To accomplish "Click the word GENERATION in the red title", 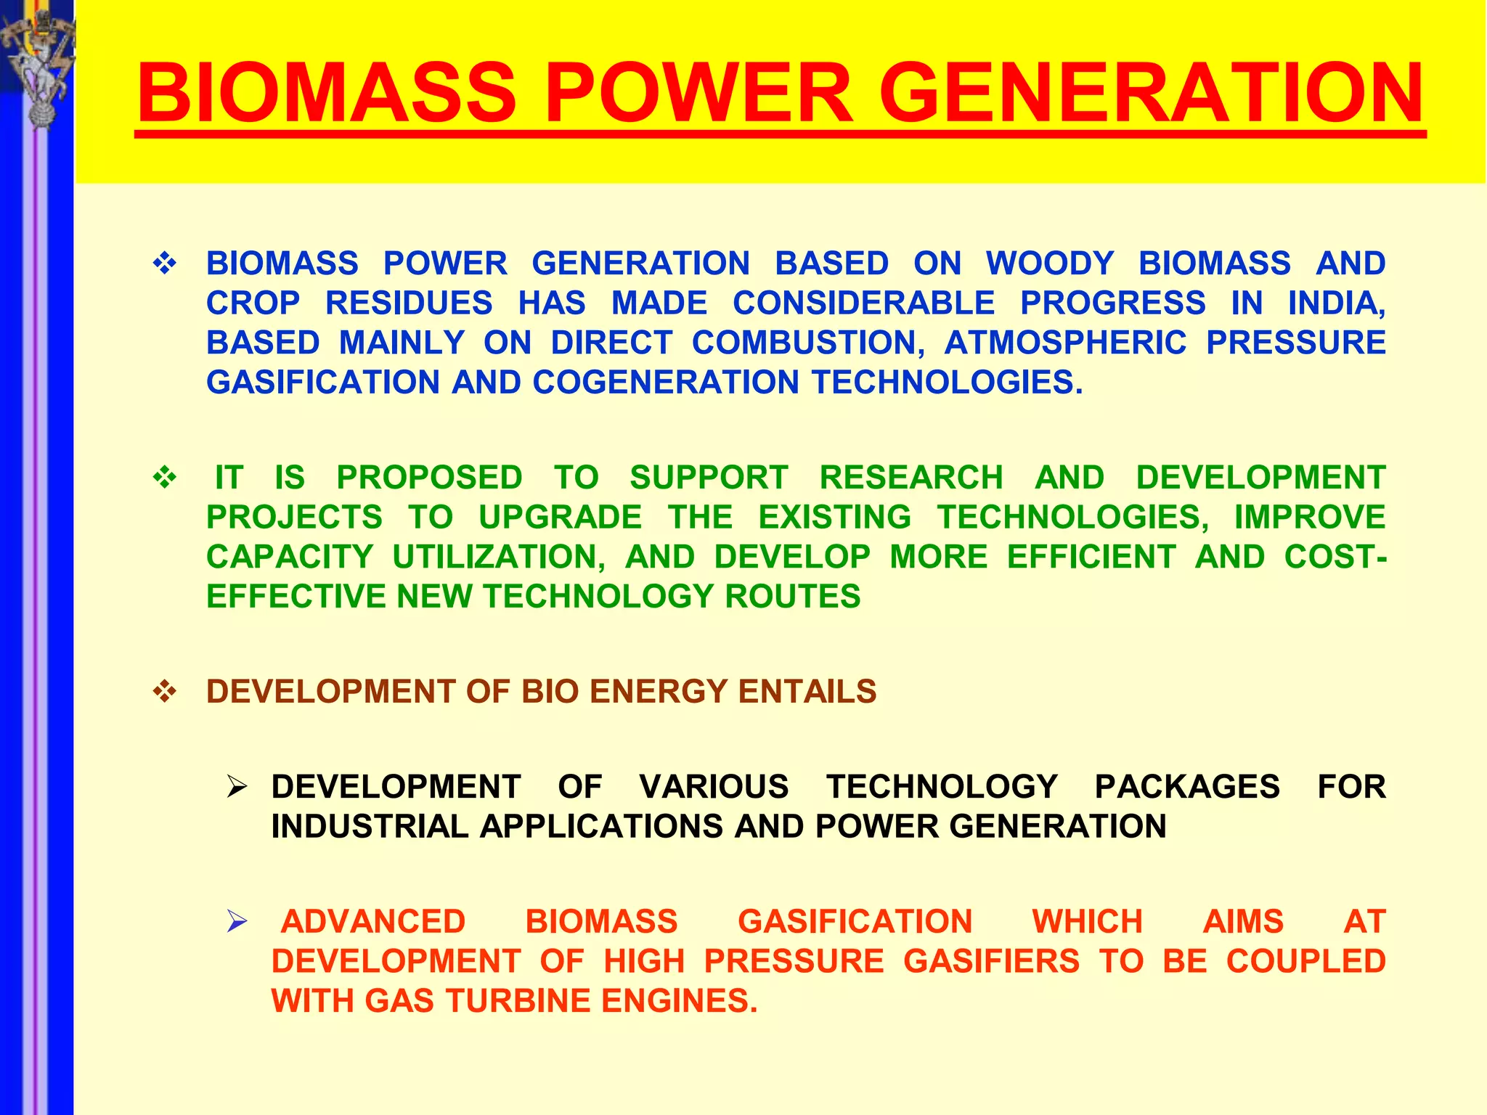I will tap(1151, 93).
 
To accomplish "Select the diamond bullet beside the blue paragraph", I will tap(165, 263).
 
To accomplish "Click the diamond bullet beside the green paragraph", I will tap(165, 478).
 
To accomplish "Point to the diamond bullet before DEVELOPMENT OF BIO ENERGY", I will tap(165, 692).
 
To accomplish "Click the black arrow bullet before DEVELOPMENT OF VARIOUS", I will tap(237, 787).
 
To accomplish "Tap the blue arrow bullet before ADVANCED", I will tap(237, 921).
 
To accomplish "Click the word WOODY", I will tap(1049, 264).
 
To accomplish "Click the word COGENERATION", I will tap(665, 383).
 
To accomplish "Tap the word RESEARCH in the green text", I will tap(911, 478).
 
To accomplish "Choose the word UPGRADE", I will tap(560, 518).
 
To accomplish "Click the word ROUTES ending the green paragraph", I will tap(792, 597).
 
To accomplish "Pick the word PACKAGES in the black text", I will tap(1187, 787).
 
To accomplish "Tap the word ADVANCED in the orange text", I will tap(373, 922).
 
